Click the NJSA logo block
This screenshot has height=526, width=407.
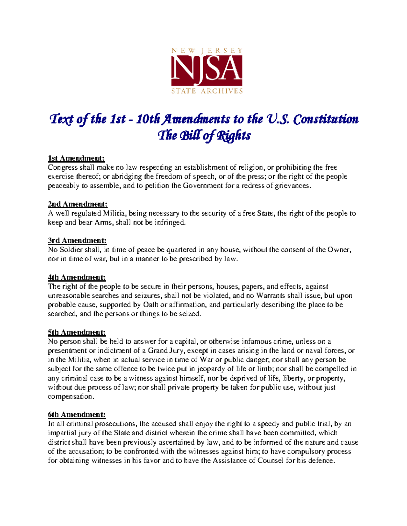tap(207, 71)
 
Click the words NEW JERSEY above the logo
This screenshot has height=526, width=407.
tap(207, 51)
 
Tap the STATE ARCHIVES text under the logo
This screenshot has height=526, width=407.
tap(207, 91)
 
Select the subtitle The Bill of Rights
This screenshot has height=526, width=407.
tap(204, 135)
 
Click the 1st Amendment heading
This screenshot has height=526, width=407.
tap(76, 158)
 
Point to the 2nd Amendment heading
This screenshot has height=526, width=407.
tap(78, 204)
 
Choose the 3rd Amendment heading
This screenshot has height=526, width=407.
tap(77, 240)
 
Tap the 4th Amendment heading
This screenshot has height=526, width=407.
tap(77, 277)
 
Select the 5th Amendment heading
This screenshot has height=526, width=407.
tap(77, 332)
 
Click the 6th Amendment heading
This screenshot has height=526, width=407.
tap(77, 415)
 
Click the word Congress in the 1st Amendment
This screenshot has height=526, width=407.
tap(63, 168)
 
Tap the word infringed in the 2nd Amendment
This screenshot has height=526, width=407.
tap(170, 223)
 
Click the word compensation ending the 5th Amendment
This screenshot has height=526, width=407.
tap(70, 397)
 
